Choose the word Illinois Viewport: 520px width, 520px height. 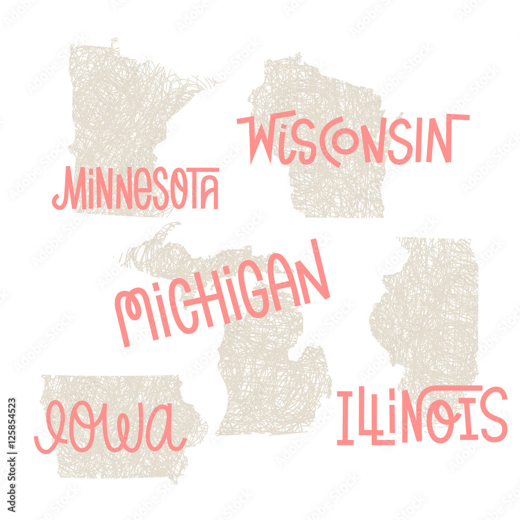click(x=421, y=416)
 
